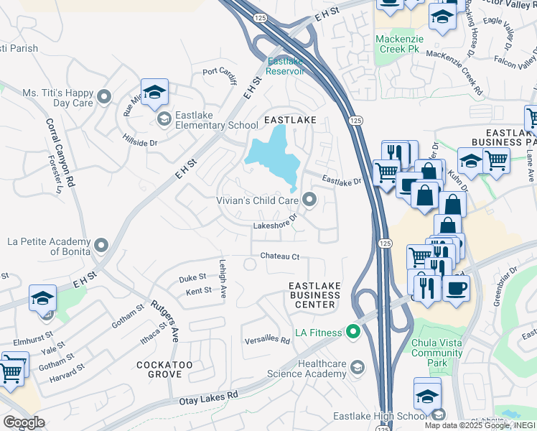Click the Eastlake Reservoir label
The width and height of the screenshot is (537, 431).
coord(285,66)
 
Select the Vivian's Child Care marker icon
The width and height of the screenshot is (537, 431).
coord(310,200)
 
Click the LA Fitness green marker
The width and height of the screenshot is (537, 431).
coord(352,332)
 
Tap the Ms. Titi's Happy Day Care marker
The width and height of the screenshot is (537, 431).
coord(105,96)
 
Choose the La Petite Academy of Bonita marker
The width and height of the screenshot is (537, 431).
coord(101,246)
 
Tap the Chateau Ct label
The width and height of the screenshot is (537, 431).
coord(279,256)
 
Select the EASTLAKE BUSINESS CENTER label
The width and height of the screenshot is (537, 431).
coord(314,295)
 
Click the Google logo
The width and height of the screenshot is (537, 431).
coord(23,422)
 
